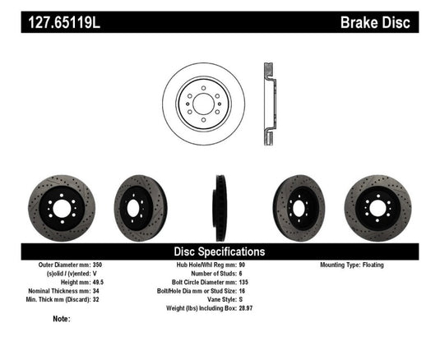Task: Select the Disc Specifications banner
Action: (219, 252)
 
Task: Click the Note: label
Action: (62, 318)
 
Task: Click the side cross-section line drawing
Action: (270, 99)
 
